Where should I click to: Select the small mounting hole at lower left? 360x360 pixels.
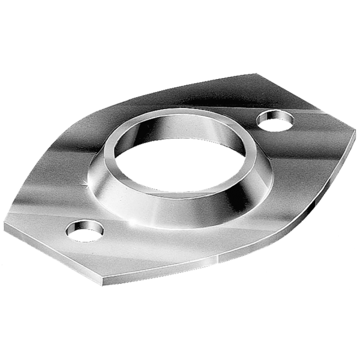(85, 231)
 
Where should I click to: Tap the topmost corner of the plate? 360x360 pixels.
(256, 73)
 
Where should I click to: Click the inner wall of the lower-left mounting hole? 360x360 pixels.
(84, 225)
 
